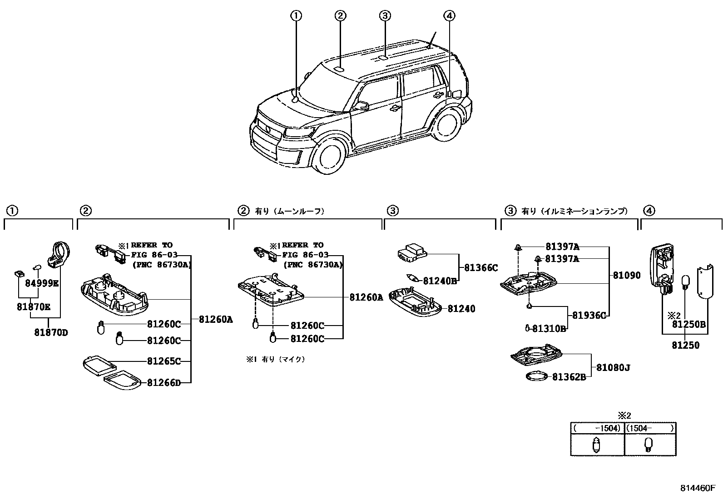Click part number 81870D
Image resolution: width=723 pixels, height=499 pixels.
tap(51, 332)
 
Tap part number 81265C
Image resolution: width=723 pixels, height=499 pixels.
tap(163, 361)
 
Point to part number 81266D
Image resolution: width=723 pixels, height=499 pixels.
tap(163, 383)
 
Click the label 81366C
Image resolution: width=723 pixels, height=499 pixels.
tap(480, 268)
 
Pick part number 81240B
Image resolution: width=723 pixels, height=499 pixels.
tap(440, 281)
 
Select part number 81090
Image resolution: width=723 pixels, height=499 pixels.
tap(627, 275)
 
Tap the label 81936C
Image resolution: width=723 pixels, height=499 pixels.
tap(589, 316)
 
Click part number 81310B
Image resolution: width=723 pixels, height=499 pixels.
tap(549, 328)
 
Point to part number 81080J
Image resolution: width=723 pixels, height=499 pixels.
tap(613, 367)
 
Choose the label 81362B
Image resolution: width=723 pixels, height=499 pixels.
tap(569, 377)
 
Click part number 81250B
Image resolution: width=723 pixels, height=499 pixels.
tap(688, 324)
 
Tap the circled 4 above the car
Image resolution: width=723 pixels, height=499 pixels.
tap(449, 16)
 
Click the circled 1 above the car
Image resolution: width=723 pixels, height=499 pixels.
tap(296, 16)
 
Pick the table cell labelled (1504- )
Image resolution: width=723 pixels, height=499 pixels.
tap(650, 428)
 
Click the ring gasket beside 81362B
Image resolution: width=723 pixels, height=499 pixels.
tap(537, 376)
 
